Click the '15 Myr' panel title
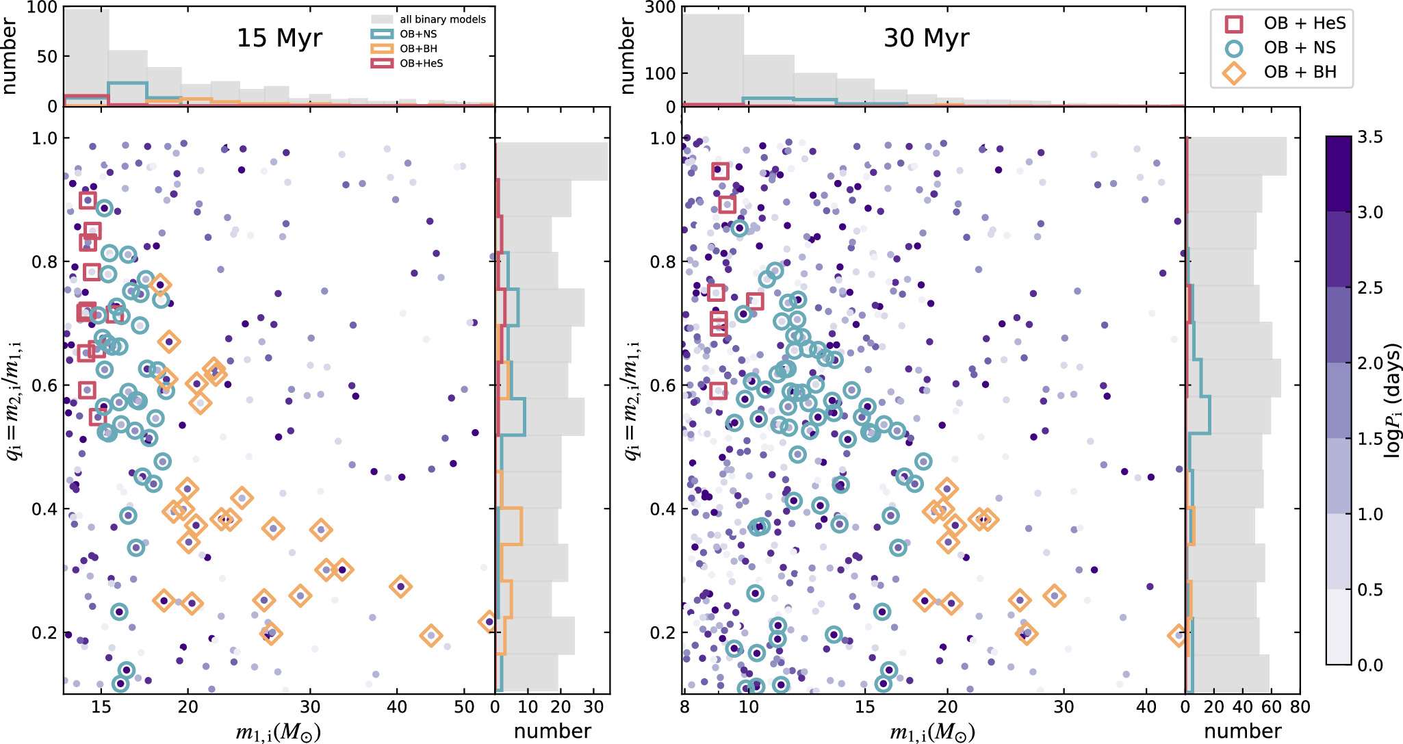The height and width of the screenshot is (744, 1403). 279,38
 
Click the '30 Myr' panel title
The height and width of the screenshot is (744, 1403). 926,38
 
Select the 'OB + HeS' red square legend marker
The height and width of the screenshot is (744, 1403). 1233,24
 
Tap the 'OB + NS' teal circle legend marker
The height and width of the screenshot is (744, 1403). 1233,48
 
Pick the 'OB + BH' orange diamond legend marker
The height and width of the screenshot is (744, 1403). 1233,73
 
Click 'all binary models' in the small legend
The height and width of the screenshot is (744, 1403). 443,19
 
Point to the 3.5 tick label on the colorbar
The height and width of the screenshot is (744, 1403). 1370,138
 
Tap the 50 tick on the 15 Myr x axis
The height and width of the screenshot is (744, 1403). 464,707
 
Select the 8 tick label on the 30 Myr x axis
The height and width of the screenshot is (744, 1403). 684,707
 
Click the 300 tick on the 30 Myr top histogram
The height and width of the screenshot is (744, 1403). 660,8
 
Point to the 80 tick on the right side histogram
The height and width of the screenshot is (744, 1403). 1300,707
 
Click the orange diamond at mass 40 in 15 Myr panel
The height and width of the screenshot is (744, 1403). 400,587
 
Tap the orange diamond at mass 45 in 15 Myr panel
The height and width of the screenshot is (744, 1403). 430,636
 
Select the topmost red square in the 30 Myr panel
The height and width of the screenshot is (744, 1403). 720,170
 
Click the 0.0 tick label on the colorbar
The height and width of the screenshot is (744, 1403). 1370,665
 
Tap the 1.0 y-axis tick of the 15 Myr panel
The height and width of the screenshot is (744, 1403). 44,138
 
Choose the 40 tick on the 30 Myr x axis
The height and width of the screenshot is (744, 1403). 1146,707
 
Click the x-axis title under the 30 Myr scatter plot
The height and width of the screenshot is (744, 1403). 932,732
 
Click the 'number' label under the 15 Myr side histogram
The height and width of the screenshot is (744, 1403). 552,731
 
